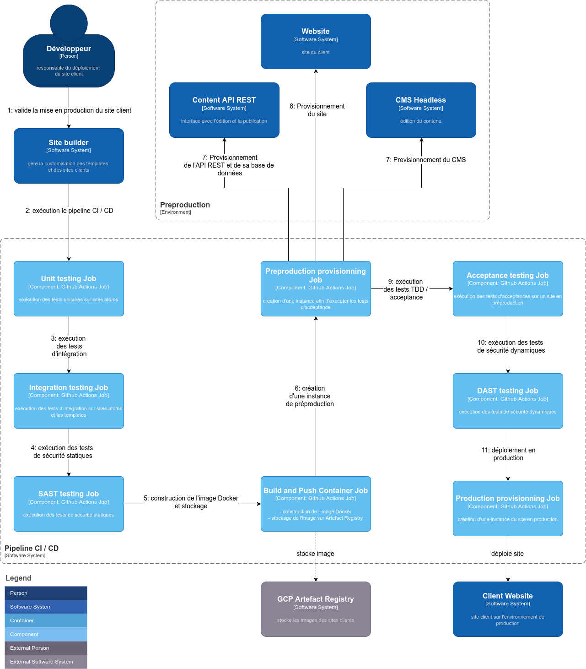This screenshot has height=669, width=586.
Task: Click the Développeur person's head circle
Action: pyautogui.click(x=69, y=22)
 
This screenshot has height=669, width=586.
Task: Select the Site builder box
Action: pyautogui.click(x=69, y=156)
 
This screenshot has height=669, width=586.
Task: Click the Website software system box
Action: pyautogui.click(x=316, y=41)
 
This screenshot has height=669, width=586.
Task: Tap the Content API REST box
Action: pyautogui.click(x=224, y=110)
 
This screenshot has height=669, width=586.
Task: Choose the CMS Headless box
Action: pyautogui.click(x=421, y=110)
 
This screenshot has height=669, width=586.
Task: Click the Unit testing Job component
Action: pyautogui.click(x=69, y=288)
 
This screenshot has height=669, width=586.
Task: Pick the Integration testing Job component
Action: pyautogui.click(x=69, y=401)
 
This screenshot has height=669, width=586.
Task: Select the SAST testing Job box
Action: pyautogui.click(x=69, y=504)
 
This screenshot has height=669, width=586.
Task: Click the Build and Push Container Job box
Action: pyautogui.click(x=316, y=504)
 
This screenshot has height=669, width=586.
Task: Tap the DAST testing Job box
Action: pyautogui.click(x=508, y=401)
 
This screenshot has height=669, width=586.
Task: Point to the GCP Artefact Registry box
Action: pyautogui.click(x=316, y=609)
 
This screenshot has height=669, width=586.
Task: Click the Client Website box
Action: pyautogui.click(x=508, y=609)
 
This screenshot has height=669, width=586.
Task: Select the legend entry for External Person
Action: pyautogui.click(x=46, y=648)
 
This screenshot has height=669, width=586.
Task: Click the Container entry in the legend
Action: pyautogui.click(x=46, y=620)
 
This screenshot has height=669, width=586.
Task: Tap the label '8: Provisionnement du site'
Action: pyautogui.click(x=317, y=110)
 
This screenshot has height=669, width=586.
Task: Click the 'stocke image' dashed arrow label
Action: pyautogui.click(x=315, y=554)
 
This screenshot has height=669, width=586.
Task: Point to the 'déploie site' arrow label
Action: pyautogui.click(x=507, y=554)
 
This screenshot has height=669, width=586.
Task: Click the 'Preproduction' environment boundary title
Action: pyautogui.click(x=185, y=205)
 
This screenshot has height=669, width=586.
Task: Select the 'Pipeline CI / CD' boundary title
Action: pyautogui.click(x=32, y=548)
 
